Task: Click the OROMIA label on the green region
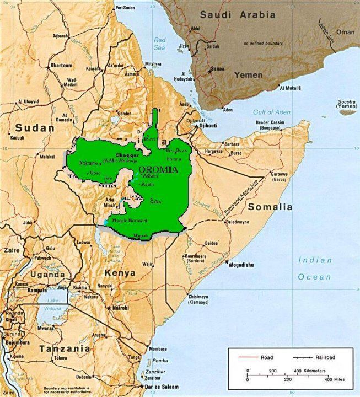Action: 159,169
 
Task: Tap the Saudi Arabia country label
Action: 237,15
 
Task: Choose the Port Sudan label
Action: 125,8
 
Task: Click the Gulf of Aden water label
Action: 271,112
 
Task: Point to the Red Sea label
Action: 160,43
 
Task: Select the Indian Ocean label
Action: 315,269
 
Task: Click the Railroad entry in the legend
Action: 326,357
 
